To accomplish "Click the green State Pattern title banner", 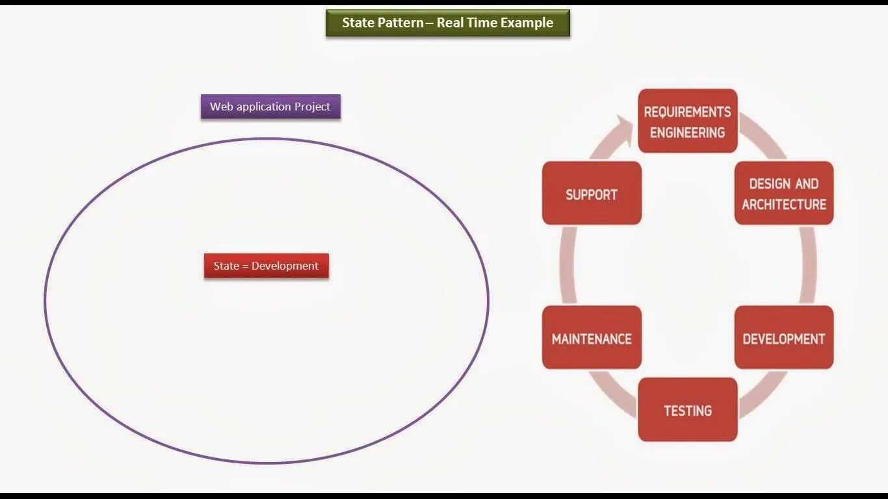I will pyautogui.click(x=447, y=23).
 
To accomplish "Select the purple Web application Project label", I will pyautogui.click(x=270, y=107).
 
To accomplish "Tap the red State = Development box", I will pyautogui.click(x=266, y=266).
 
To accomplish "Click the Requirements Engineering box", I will pyautogui.click(x=687, y=122).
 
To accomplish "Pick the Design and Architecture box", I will pyautogui.click(x=783, y=194).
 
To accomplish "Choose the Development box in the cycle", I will pyautogui.click(x=783, y=338).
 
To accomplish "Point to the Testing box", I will pyautogui.click(x=687, y=410).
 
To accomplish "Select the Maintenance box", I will pyautogui.click(x=591, y=338).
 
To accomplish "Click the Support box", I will pyautogui.click(x=591, y=194).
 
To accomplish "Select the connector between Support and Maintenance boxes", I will pyautogui.click(x=568, y=265).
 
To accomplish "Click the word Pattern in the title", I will pyautogui.click(x=400, y=23).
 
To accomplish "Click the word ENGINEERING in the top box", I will pyautogui.click(x=687, y=133).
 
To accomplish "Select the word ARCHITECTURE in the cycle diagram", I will pyautogui.click(x=783, y=204).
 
